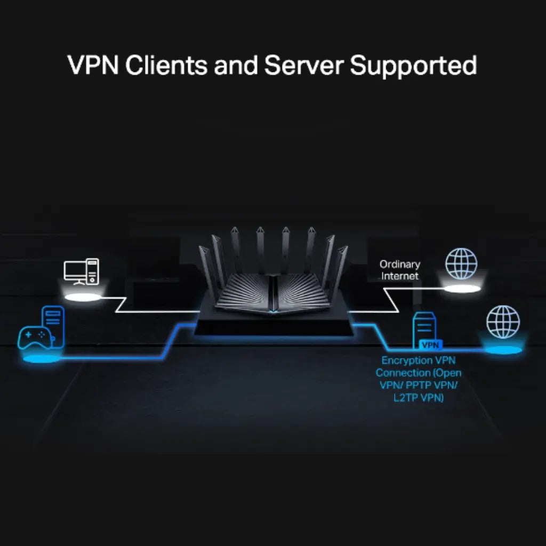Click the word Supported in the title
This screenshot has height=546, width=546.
(413, 66)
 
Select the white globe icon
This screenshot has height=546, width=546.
(461, 264)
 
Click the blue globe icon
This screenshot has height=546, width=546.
(503, 322)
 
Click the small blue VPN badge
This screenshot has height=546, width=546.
(431, 345)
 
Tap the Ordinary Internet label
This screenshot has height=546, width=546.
(400, 270)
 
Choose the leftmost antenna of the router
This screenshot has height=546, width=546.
(204, 267)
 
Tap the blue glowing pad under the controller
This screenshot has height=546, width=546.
(38, 359)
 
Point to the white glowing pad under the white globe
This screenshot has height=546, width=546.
(462, 288)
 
